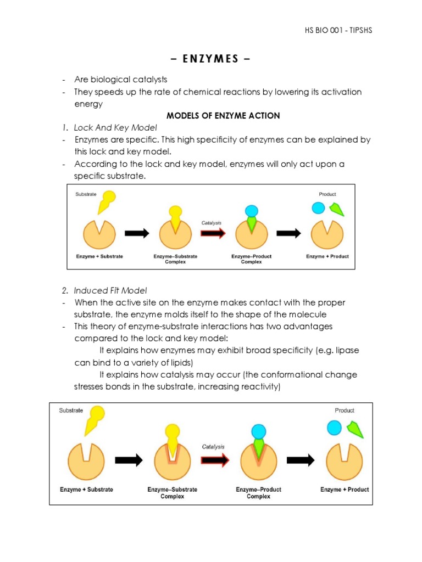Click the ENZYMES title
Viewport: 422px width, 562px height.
[211, 59]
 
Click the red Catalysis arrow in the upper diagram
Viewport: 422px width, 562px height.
[213, 233]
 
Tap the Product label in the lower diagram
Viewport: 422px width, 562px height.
[345, 411]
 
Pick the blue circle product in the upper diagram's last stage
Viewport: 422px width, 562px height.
[318, 207]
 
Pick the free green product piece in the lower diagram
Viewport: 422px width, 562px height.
[356, 429]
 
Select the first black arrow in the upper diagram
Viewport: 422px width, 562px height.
[137, 233]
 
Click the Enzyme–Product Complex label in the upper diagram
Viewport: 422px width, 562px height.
[251, 259]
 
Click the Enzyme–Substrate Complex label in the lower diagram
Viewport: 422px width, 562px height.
[172, 493]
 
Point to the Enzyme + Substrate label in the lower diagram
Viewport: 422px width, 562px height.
[86, 490]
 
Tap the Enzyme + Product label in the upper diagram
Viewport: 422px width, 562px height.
[327, 256]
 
